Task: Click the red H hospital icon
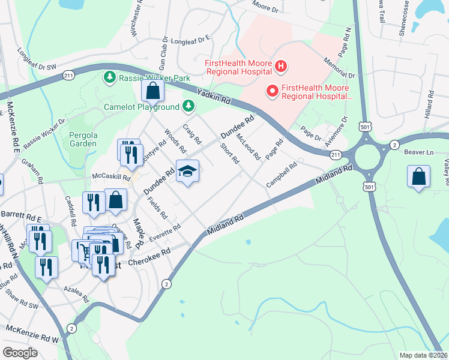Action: (280, 65)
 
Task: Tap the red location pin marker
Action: (272, 91)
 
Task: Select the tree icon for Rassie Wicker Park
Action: (110, 77)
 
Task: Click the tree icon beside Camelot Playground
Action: (188, 106)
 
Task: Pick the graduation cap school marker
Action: (187, 172)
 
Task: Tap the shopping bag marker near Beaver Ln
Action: (418, 176)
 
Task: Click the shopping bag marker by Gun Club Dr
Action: (153, 91)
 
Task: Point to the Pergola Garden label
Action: (83, 139)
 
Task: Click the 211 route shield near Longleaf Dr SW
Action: (68, 76)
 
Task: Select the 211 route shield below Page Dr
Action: (336, 155)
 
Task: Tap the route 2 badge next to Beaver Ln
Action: (394, 145)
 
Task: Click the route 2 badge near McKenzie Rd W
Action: (72, 328)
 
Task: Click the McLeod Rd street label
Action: (248, 148)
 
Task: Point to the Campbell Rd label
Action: (282, 174)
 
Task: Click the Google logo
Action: (20, 353)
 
